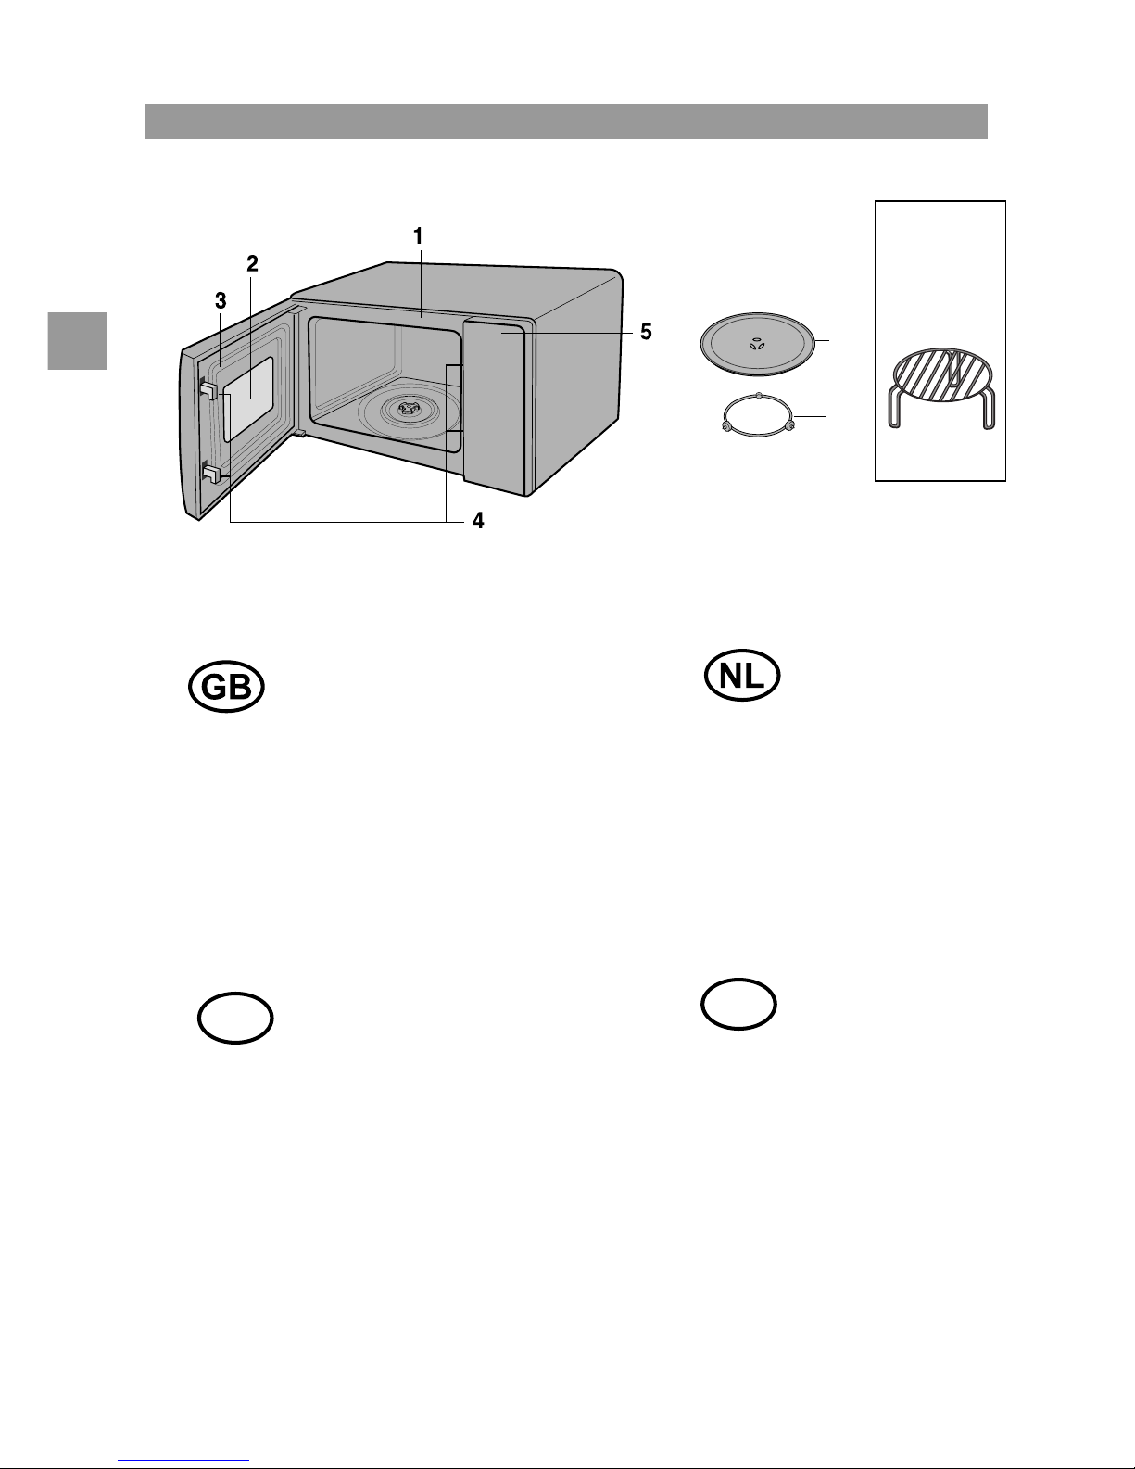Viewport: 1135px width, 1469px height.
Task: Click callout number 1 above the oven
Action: (x=418, y=236)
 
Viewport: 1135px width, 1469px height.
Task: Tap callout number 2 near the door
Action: (x=252, y=263)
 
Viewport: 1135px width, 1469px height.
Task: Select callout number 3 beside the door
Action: (x=221, y=301)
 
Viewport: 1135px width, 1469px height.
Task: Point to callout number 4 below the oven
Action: (x=478, y=521)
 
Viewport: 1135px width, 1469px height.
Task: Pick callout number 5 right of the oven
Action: (x=647, y=332)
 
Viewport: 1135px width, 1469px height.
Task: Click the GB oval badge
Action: (x=226, y=687)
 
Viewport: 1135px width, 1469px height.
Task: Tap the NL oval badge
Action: (x=742, y=675)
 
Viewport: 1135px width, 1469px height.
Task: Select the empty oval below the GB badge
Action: (x=235, y=1018)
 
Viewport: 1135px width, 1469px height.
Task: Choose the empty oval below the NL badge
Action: (x=738, y=1004)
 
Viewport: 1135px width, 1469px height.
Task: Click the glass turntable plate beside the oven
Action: (x=757, y=344)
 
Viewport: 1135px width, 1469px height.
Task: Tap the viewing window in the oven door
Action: (x=248, y=399)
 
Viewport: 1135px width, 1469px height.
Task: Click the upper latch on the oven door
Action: (x=208, y=390)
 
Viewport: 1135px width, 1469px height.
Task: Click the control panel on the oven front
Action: (x=495, y=404)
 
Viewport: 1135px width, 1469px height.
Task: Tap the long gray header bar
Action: (x=566, y=121)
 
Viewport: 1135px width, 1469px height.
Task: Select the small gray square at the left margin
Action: (x=78, y=341)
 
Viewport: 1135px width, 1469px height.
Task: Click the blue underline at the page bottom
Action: (x=183, y=1461)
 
